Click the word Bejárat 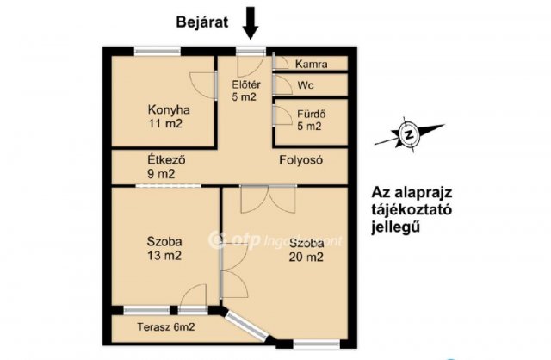(x=201, y=23)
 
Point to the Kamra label (x=310, y=65)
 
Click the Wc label (x=305, y=86)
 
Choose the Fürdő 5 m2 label (x=308, y=120)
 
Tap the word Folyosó (x=300, y=160)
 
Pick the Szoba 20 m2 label (x=306, y=250)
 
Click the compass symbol (x=409, y=133)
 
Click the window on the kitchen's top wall (x=161, y=50)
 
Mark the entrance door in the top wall (x=251, y=51)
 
